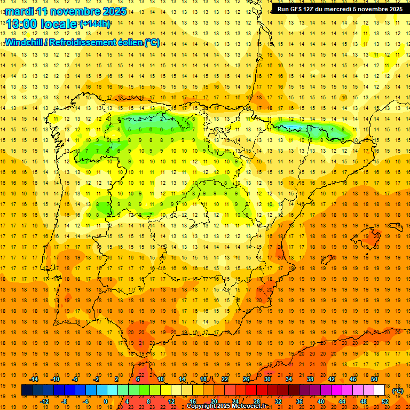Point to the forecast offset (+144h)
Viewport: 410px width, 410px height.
[x=95, y=24]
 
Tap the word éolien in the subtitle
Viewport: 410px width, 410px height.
[x=128, y=43]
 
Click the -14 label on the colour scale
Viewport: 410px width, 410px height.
[x=35, y=379]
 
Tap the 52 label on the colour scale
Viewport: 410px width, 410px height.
[x=385, y=401]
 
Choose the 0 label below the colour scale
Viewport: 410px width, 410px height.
[x=105, y=401]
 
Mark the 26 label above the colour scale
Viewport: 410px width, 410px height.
[x=246, y=379]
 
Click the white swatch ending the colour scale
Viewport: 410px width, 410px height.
[x=380, y=390]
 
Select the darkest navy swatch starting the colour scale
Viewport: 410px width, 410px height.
[x=27, y=390]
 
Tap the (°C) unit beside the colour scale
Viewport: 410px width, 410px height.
[x=398, y=391]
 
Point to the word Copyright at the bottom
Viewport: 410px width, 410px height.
[x=204, y=406]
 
